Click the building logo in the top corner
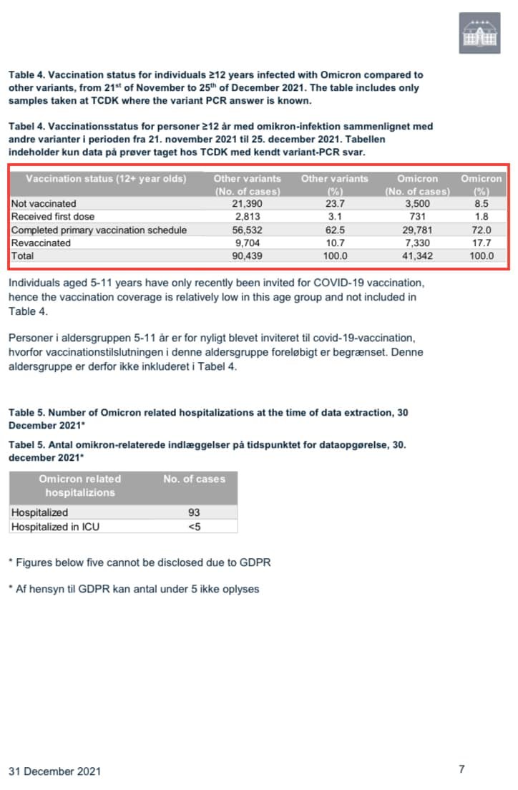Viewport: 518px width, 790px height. pos(479,33)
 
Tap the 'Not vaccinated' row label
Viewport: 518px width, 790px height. pos(44,204)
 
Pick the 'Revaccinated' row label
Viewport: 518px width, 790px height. pos(41,243)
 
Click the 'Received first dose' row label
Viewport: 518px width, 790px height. pos(53,217)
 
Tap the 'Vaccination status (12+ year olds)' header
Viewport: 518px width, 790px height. pos(106,178)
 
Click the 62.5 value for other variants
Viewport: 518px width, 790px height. pos(335,230)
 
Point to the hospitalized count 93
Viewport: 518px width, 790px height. pos(194,512)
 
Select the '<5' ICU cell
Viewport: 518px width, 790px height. pos(194,526)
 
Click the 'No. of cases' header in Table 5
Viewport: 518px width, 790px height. pos(194,479)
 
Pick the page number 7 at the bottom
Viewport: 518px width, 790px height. pos(461,769)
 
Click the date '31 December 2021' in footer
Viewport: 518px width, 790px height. pos(54,771)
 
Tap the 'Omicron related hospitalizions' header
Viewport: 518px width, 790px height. pos(80,485)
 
